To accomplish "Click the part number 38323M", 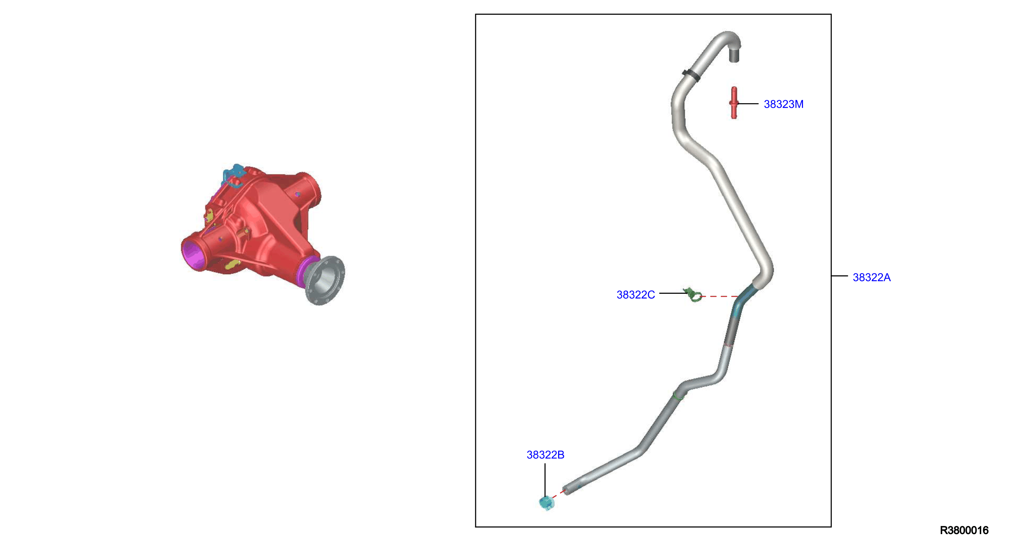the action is tap(783, 104).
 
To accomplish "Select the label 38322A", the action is tap(872, 278).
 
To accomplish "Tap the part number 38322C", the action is tap(635, 295).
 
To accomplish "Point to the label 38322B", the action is tap(546, 455).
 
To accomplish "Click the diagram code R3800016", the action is tap(964, 530).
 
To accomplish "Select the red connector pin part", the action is tap(734, 103).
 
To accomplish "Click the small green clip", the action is tap(693, 295).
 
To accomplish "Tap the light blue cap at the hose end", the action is tap(547, 503).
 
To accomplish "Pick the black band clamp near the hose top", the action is tap(691, 75).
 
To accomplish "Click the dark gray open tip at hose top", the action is tap(734, 55).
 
